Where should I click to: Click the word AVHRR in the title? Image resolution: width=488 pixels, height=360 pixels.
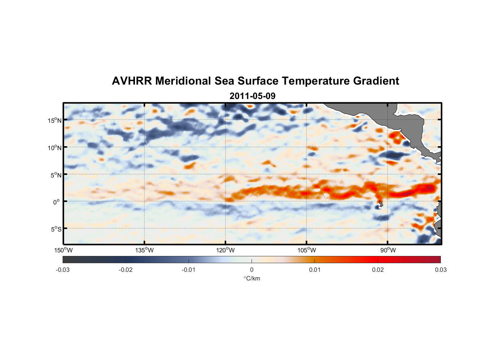coord(132,81)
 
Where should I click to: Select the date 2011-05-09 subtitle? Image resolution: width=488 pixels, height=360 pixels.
coord(252,96)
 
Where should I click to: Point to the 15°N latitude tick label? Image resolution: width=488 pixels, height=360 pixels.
coord(55,120)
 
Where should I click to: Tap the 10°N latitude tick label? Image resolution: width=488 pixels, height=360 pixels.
coord(55,148)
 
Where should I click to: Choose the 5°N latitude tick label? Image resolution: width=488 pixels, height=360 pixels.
coord(56,175)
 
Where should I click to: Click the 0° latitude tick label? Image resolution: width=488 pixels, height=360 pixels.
coord(57,202)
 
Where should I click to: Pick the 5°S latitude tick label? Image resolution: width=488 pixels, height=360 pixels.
coord(56,229)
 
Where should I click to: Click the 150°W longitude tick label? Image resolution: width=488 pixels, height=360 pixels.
coord(64,250)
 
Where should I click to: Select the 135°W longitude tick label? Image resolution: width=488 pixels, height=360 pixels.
coord(145,250)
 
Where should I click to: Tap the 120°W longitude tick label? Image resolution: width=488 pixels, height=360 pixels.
coord(226,250)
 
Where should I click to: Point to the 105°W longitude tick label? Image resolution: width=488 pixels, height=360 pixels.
coord(307,250)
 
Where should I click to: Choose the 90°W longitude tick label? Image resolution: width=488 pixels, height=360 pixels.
coord(388,250)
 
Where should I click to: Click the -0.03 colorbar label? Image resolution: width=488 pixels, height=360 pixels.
coord(63,270)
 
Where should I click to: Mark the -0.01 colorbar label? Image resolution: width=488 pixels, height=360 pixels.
coord(189,270)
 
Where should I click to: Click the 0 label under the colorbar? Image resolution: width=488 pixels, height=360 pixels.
coord(252,270)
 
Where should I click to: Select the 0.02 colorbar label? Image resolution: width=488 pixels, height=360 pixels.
coord(378,270)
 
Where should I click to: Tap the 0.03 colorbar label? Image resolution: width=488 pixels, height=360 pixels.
coord(440,270)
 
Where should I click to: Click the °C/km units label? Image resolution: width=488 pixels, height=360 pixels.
coord(252,278)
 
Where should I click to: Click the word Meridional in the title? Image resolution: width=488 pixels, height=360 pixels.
coord(183,81)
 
